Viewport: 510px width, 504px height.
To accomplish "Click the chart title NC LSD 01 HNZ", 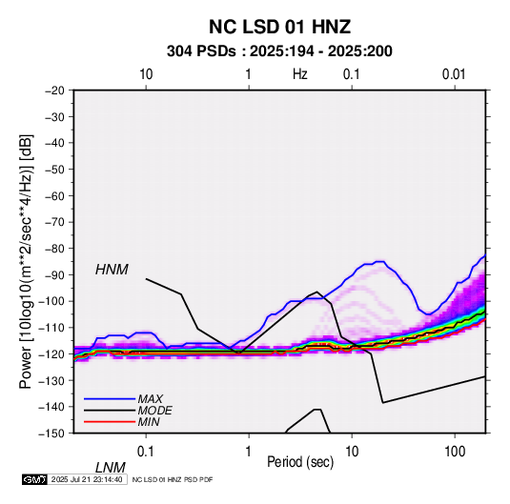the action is click(279, 27).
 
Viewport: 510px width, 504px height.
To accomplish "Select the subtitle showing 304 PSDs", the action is click(279, 51).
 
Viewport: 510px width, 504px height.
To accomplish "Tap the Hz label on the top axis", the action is click(300, 74).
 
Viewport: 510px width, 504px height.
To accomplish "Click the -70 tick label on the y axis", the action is click(54, 222).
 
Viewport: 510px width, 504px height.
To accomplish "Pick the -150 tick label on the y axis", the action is click(51, 433).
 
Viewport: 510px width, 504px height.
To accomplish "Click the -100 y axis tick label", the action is click(51, 301).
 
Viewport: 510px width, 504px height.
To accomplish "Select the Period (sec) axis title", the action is click(300, 462).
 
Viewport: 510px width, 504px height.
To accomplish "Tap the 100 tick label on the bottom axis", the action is click(455, 451).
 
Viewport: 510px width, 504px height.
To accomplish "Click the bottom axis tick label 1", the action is click(249, 451).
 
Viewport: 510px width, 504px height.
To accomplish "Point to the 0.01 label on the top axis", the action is click(454, 74).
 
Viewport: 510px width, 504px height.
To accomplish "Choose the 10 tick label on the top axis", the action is click(146, 74).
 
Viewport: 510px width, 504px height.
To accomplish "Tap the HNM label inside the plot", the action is click(112, 270).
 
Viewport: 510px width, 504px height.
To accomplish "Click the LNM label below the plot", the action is click(110, 468).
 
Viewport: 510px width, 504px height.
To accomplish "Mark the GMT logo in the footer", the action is click(34, 479).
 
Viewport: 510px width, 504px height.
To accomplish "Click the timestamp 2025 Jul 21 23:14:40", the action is click(87, 479).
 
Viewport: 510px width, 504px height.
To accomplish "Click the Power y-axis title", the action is click(26, 262).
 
